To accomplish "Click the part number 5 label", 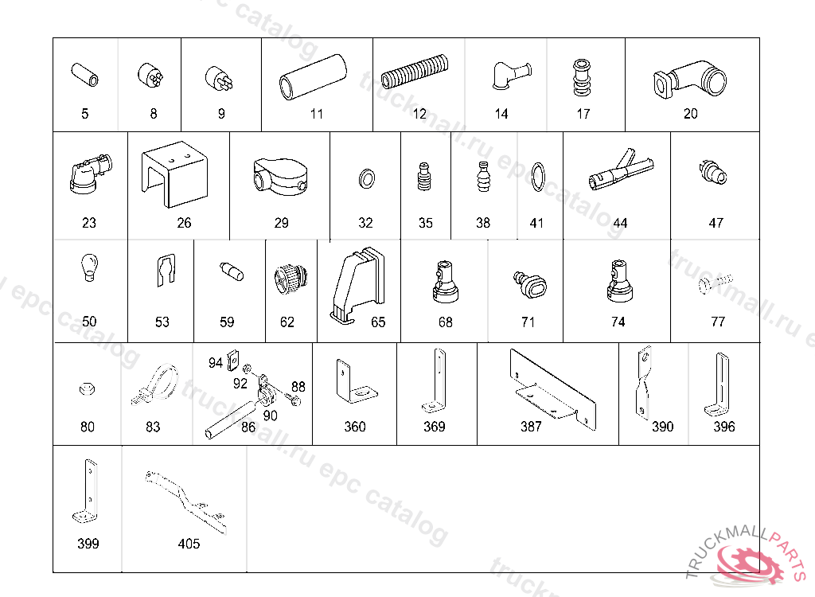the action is tap(84, 113).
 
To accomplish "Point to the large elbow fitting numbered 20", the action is tap(690, 80).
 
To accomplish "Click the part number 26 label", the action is tap(184, 223).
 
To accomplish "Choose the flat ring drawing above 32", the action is tap(366, 179).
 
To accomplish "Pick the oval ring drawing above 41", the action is tap(538, 177).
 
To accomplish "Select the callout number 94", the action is tap(215, 362).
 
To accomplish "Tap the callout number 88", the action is tap(298, 386).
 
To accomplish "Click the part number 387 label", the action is tap(531, 427).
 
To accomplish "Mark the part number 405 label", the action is tap(189, 544).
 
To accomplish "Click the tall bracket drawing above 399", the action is tap(86, 490).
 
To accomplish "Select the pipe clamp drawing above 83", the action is tap(155, 384).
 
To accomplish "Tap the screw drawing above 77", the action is tap(716, 283).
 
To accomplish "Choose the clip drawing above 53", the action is tap(166, 270).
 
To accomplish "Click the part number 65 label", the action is tap(378, 322).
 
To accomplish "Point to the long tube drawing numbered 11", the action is tap(312, 77).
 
